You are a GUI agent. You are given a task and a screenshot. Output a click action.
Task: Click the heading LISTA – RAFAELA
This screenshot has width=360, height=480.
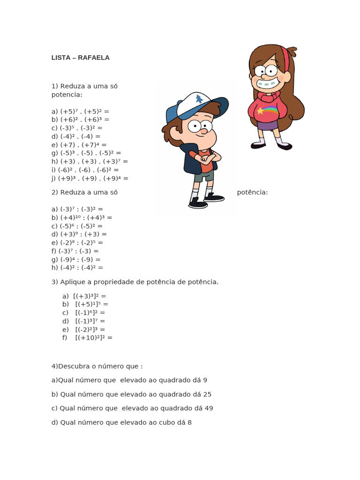coord(80,58)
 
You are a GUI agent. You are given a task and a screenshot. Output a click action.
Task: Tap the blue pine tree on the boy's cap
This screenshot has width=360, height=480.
coord(200,99)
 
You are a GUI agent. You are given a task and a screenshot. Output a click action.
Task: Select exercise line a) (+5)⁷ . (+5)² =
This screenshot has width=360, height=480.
coord(80,111)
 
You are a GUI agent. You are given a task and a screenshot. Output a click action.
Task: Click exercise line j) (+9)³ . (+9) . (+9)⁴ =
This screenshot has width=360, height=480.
coord(90,179)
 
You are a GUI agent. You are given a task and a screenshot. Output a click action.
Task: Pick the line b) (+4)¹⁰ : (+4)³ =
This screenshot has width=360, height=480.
coord(82,217)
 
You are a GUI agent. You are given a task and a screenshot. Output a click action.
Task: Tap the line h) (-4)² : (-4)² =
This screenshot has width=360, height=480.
coord(77,268)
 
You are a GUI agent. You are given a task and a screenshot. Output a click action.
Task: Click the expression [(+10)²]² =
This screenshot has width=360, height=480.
coord(94,337)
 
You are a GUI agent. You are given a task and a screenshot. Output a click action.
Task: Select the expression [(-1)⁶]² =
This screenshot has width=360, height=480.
coord(90,312)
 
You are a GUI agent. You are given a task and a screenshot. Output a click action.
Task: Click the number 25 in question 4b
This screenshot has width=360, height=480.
coord(207,394)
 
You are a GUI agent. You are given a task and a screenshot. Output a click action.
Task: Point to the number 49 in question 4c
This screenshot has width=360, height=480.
coord(209,408)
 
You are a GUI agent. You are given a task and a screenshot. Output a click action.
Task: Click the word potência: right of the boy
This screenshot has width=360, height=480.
coord(252,192)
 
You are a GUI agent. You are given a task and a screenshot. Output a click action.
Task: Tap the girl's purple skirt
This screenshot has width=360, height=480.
coord(268,125)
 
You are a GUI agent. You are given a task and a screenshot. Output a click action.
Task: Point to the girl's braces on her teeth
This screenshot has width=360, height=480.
coord(266,85)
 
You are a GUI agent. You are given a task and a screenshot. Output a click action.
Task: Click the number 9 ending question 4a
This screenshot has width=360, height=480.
coord(205,380)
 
